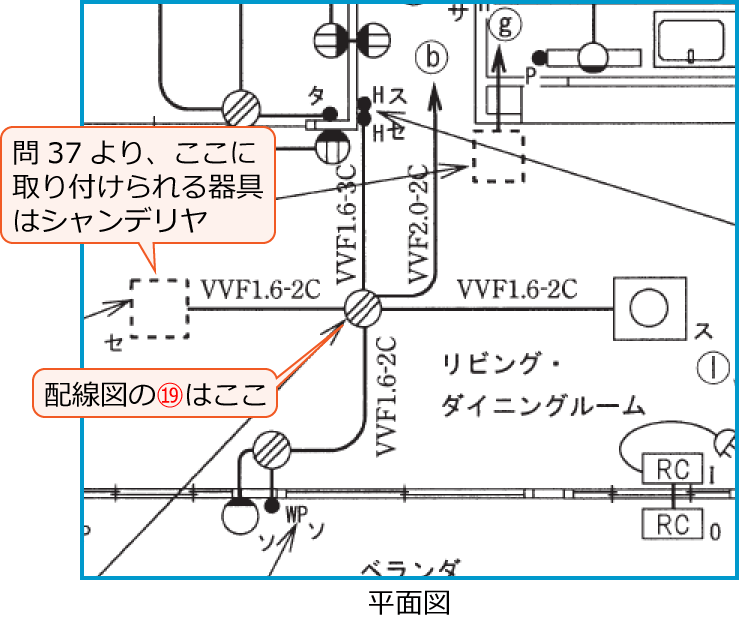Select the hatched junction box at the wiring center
(x=362, y=309)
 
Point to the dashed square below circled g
(x=497, y=156)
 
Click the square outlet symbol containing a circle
(x=650, y=309)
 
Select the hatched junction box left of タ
(x=241, y=108)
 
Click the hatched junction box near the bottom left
(x=270, y=451)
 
